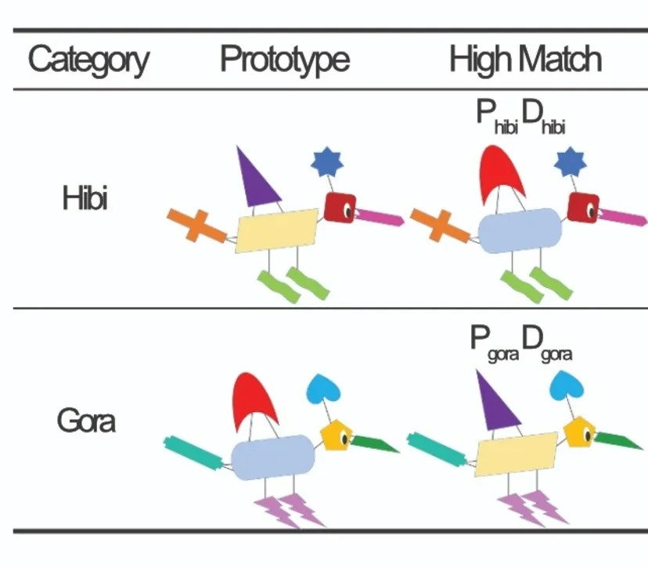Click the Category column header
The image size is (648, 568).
[88, 60]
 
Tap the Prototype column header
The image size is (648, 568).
[285, 60]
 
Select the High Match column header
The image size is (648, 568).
[525, 60]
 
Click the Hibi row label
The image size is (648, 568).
[85, 197]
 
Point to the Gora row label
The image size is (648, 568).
[86, 421]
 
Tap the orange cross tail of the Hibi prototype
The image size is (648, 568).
[196, 226]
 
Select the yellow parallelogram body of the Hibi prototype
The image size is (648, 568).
[276, 230]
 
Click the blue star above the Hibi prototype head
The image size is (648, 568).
[327, 161]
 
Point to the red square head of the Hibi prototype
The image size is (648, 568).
[340, 208]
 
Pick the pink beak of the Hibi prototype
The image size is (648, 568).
[380, 217]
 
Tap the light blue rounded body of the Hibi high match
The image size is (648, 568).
[520, 230]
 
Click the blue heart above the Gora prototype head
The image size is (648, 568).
[322, 389]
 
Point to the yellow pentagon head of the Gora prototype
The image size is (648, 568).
[337, 436]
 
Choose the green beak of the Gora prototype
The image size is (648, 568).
[374, 444]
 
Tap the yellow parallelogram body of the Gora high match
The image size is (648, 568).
[517, 454]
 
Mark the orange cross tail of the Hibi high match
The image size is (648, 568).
[440, 226]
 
